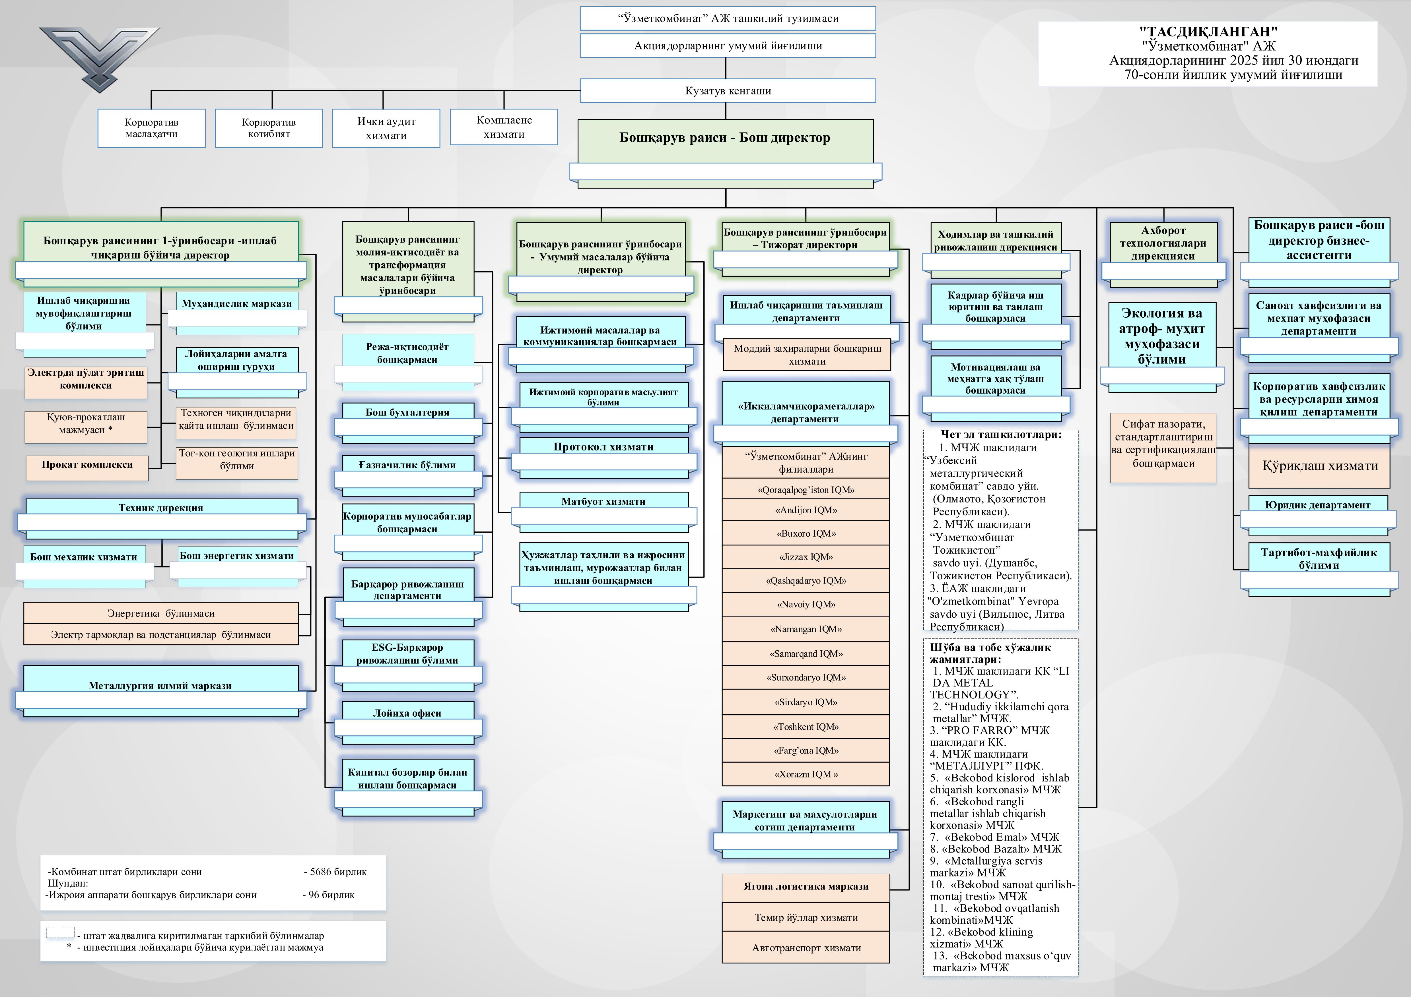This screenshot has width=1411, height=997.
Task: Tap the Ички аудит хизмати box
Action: tap(386, 128)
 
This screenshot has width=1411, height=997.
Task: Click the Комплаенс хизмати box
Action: tap(504, 127)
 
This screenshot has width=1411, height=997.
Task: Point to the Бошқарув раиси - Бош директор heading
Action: tap(724, 138)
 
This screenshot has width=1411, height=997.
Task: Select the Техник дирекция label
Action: tap(161, 507)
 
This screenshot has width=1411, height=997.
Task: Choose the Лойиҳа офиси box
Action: tap(407, 713)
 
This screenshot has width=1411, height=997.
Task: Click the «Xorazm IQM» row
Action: tap(806, 774)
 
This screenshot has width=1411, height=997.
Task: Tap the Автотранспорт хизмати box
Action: tap(806, 948)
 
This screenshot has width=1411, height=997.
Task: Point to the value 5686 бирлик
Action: tap(335, 872)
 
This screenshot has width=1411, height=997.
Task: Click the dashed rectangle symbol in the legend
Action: tap(60, 932)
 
